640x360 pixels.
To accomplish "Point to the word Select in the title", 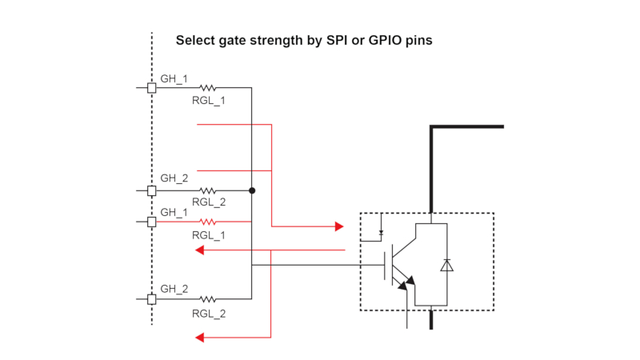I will pos(195,40).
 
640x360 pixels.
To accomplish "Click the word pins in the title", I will pos(418,40).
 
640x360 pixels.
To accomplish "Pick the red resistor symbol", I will pos(208,222).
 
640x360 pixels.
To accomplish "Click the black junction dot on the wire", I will pos(252,190).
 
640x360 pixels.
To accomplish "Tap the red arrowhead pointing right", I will pos(338,226).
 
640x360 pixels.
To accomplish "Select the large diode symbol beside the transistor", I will pos(446,265).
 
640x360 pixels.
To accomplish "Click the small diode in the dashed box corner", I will pos(382,233).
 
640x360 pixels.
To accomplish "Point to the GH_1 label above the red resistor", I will pos(174,212).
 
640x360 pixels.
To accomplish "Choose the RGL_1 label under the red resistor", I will pos(208,235).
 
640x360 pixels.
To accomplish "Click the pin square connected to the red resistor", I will pos(151,222).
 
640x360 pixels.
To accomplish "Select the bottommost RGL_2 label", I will pos(208,314).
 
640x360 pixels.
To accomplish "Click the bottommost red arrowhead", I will pos(201,338).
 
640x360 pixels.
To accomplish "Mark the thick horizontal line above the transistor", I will pos(468,126).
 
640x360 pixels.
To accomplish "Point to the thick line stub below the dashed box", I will pos(431,319).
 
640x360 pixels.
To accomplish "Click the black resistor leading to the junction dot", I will pos(208,190).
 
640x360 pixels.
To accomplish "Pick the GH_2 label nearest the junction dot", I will pos(174,178).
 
